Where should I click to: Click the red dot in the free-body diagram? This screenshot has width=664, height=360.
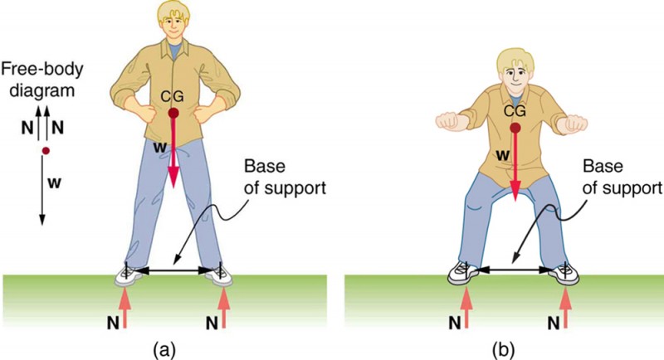(x=46, y=151)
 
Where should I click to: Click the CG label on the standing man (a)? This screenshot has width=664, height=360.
(x=173, y=98)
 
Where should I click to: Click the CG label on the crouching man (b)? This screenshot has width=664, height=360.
(x=515, y=111)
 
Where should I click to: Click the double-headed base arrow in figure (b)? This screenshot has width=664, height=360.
(x=515, y=269)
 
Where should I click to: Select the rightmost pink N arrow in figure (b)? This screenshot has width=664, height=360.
(x=567, y=307)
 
